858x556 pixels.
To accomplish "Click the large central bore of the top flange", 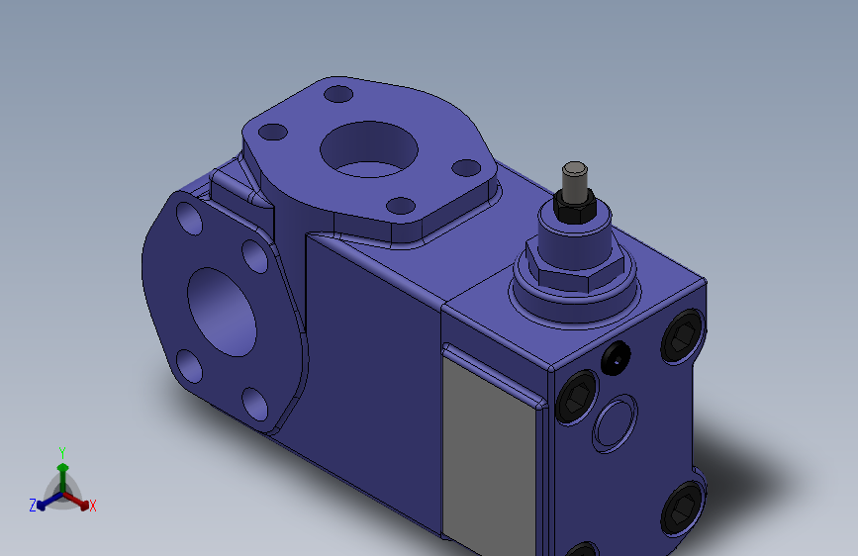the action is [369, 149].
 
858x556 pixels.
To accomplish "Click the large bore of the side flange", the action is [222, 312].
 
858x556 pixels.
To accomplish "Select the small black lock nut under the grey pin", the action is [575, 207].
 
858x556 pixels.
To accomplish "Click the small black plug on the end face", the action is [616, 358].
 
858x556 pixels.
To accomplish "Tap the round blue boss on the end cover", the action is [615, 423].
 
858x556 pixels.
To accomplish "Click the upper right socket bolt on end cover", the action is [683, 335].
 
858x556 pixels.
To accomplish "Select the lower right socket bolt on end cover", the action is [683, 509].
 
